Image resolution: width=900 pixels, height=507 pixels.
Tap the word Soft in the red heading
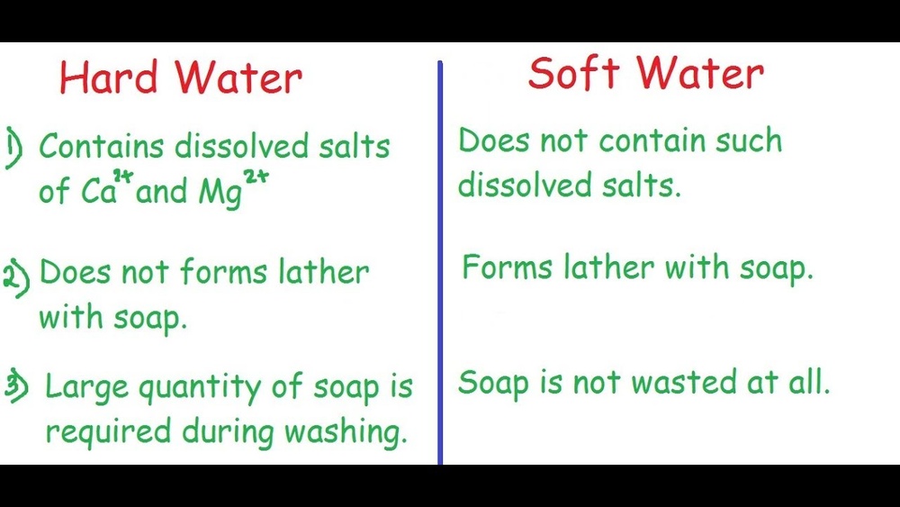coord(569,73)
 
